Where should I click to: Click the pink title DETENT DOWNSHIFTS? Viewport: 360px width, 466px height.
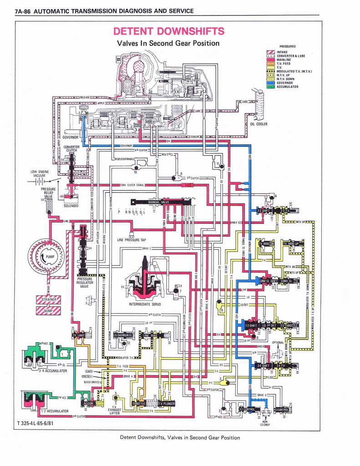click(x=168, y=31)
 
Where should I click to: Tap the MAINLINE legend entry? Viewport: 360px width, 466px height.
click(x=284, y=60)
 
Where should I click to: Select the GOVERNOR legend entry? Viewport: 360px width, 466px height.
click(x=285, y=83)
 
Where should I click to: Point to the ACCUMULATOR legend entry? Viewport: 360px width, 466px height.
click(x=288, y=86)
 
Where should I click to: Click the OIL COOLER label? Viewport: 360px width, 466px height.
click(x=259, y=124)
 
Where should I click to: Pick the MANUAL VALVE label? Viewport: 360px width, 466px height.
click(x=158, y=202)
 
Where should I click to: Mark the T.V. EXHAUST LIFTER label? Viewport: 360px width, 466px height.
click(x=114, y=410)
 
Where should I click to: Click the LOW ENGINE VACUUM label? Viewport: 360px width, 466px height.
click(x=40, y=173)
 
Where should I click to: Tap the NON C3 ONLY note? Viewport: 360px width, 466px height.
click(x=265, y=423)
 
